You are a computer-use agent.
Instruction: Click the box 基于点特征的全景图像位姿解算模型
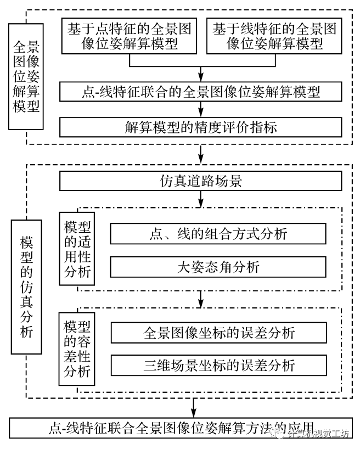pyautogui.click(x=129, y=36)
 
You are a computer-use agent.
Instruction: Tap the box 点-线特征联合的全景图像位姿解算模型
pyautogui.click(x=201, y=92)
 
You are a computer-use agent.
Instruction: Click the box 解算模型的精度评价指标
pyautogui.click(x=201, y=127)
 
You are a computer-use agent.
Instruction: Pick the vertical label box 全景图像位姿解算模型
pyautogui.click(x=26, y=75)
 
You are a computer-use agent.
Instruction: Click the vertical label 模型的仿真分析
pyautogui.click(x=26, y=287)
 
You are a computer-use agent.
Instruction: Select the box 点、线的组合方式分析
pyautogui.click(x=218, y=234)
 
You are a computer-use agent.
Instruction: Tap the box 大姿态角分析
pyautogui.click(x=218, y=267)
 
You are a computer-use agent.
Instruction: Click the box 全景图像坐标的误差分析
pyautogui.click(x=218, y=333)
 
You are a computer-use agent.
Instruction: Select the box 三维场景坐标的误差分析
pyautogui.click(x=218, y=365)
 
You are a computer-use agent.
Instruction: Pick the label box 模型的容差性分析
pyautogui.click(x=77, y=349)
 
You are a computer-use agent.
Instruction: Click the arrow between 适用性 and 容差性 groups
pyautogui.click(x=201, y=300)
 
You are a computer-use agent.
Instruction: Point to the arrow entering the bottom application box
pyautogui.click(x=194, y=408)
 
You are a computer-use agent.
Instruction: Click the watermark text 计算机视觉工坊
pyautogui.click(x=319, y=434)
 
